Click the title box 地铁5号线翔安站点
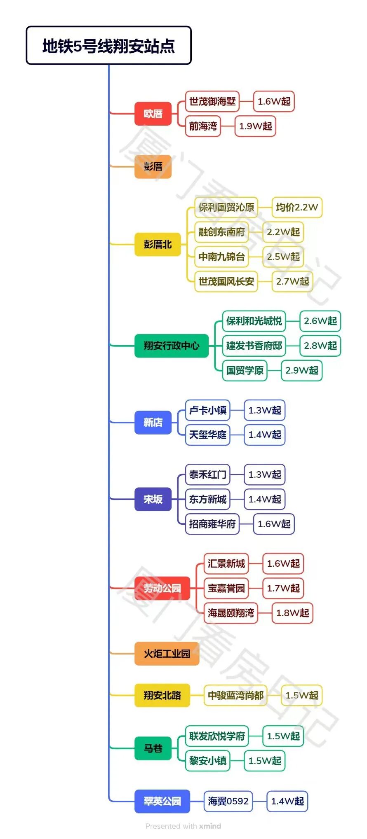tap(108, 45)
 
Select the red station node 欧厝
tap(153, 114)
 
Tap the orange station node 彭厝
tap(153, 166)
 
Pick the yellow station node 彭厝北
tap(158, 244)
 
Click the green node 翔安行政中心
tap(171, 346)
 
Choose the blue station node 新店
tap(153, 422)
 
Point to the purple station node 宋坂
tap(153, 499)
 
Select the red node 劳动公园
tap(162, 588)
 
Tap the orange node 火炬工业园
tap(167, 654)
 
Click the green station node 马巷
tap(153, 748)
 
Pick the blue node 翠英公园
tap(162, 801)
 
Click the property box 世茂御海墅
tap(212, 101)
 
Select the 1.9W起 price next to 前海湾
tap(255, 126)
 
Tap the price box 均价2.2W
tap(297, 207)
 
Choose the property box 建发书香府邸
tap(254, 346)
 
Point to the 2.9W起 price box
tap(301, 370)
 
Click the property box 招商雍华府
tap(212, 524)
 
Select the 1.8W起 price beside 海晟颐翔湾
tap(292, 613)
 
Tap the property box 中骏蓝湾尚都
tap(235, 695)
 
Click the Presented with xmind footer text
tap(183, 826)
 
